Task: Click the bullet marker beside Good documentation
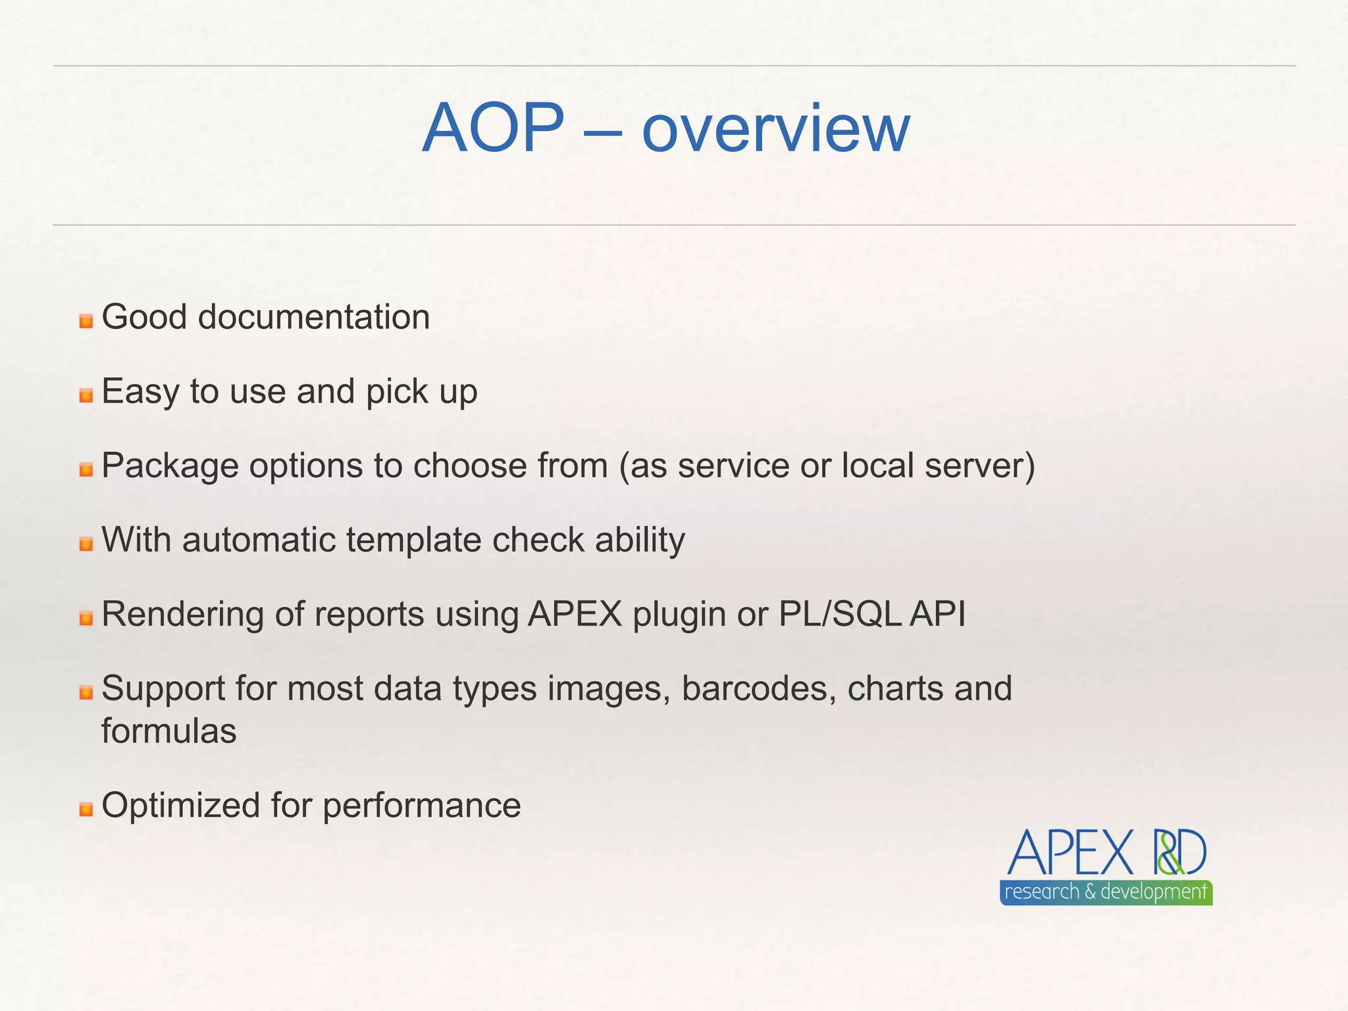tap(86, 321)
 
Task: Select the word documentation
tap(314, 317)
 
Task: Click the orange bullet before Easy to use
tap(86, 396)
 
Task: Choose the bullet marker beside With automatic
tap(86, 544)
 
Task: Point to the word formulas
tap(168, 731)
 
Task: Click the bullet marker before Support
tap(86, 693)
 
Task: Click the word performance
tap(421, 806)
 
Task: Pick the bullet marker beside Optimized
tap(86, 810)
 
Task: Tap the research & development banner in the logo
tap(1106, 893)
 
